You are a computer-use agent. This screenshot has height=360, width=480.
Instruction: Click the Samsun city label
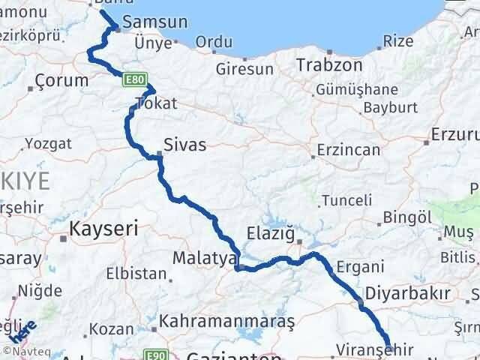coord(154,22)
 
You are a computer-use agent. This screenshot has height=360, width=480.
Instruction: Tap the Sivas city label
coord(185,145)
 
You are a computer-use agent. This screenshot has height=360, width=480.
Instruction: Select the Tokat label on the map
coord(156,103)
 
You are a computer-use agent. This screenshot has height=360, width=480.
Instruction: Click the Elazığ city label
coord(270,233)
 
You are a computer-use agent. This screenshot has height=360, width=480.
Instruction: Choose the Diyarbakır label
coord(407,292)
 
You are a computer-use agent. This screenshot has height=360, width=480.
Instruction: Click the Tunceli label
coord(347,200)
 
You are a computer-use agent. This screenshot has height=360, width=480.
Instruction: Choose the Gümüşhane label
coord(355,89)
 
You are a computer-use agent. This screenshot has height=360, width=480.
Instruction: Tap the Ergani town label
coord(361,266)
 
